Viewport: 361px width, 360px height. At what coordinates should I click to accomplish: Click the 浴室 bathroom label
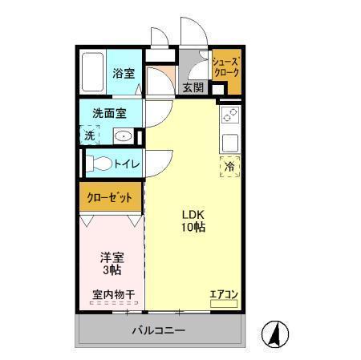coord(124,73)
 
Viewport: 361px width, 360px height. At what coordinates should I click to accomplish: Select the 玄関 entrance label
coord(193,87)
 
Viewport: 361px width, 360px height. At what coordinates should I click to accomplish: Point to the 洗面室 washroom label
coord(109,113)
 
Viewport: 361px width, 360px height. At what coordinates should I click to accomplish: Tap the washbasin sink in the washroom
coord(123,136)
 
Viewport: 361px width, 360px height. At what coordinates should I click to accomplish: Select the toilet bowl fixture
coord(100,164)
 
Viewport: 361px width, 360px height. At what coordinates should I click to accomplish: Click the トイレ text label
coord(127,164)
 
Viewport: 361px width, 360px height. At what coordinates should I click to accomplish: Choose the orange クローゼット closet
coord(110,197)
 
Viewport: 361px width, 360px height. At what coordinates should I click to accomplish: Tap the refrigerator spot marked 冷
coord(229,168)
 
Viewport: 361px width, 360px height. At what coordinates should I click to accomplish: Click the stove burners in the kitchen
coord(229,114)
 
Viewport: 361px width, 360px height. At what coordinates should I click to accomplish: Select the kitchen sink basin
coord(229,144)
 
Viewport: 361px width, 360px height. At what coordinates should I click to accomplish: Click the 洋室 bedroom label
coord(111,258)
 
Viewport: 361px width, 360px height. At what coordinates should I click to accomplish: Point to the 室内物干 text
coord(111,294)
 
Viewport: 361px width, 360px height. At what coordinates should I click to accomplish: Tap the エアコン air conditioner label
coord(223,294)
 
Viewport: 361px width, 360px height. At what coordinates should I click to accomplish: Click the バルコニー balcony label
coord(159,330)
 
